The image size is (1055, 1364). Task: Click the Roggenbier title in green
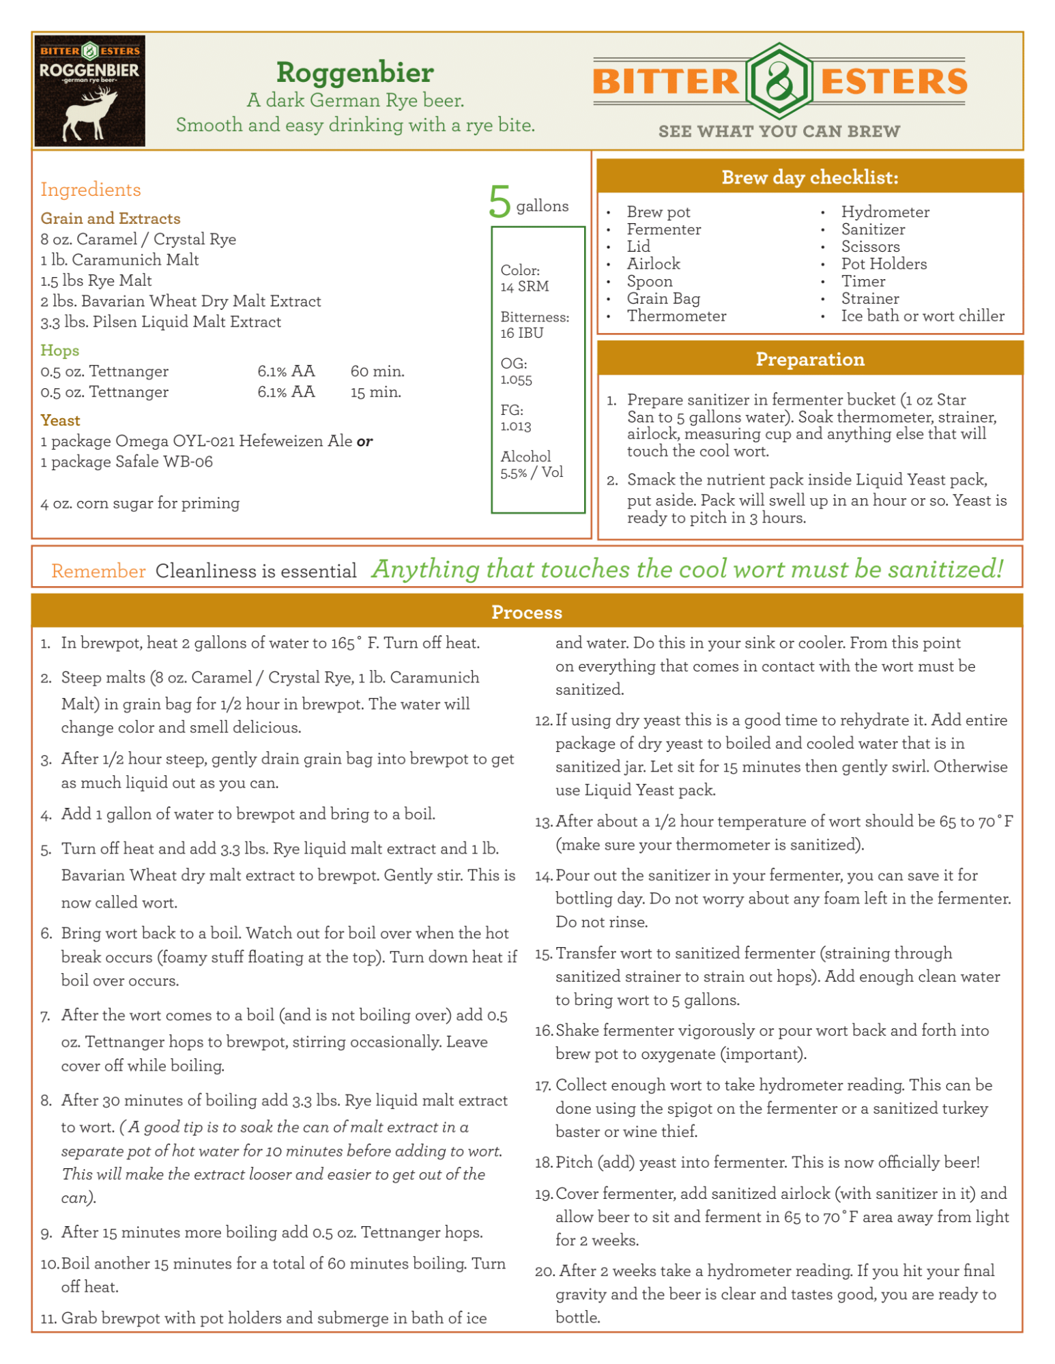click(355, 72)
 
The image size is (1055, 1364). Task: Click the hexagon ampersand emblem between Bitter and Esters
click(779, 81)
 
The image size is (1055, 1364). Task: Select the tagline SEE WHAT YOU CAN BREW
click(779, 131)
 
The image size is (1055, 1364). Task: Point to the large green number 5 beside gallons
click(500, 202)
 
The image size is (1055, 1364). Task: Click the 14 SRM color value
click(524, 287)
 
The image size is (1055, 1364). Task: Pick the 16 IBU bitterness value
click(522, 333)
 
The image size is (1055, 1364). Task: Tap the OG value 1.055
click(516, 380)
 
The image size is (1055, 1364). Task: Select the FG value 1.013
click(516, 426)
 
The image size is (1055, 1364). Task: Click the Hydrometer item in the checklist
click(885, 212)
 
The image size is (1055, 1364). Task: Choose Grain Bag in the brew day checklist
click(663, 298)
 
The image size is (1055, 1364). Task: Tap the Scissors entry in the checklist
click(870, 246)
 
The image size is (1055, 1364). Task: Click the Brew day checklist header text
click(809, 177)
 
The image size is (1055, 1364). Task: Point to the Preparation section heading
click(809, 360)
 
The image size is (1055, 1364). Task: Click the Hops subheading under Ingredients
click(60, 350)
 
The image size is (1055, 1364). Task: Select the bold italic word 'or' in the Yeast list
click(364, 441)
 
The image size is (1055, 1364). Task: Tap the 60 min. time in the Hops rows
click(377, 371)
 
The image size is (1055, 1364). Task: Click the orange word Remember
click(98, 571)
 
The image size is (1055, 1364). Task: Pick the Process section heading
click(526, 612)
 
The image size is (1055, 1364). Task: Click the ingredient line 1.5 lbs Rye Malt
click(96, 280)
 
